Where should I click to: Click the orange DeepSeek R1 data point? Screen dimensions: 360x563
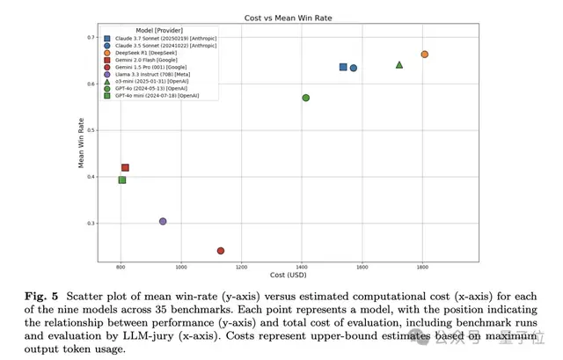click(424, 55)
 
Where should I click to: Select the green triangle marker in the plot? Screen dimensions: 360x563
click(399, 64)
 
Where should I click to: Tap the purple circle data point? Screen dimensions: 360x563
click(163, 221)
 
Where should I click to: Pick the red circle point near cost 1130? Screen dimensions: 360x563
click(221, 251)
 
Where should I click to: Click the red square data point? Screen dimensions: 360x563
click(125, 167)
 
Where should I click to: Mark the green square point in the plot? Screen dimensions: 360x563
click(122, 180)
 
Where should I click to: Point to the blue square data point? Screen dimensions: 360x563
click(343, 67)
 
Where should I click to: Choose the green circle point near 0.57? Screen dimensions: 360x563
click(305, 98)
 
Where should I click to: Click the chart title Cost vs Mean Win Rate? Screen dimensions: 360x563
click(281, 18)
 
